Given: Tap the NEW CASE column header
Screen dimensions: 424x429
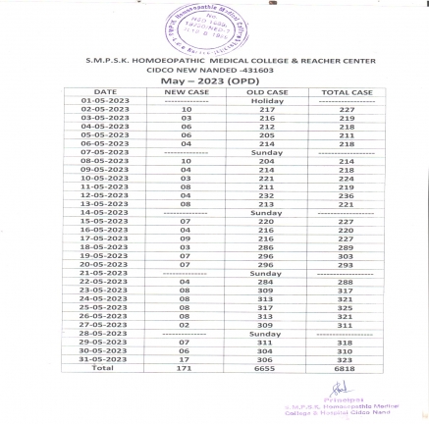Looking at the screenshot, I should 185,91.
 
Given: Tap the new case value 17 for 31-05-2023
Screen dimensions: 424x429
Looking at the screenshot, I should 185,358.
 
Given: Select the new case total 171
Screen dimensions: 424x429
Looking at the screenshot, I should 185,367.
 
